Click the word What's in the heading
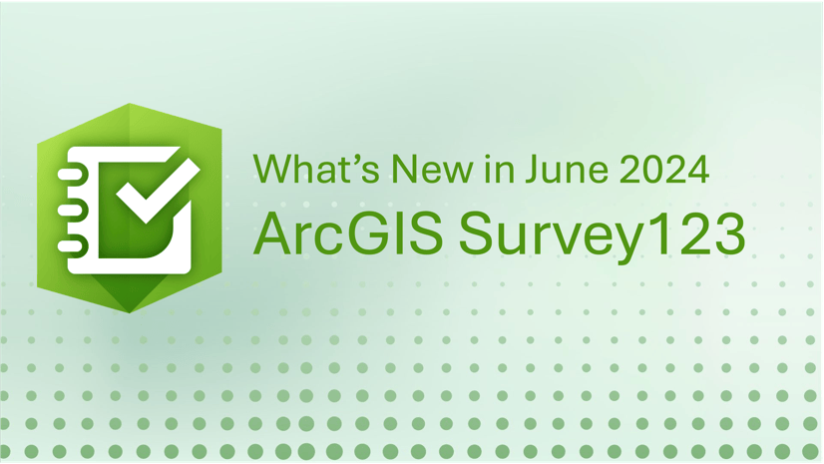pyautogui.click(x=316, y=169)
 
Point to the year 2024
pyautogui.click(x=664, y=169)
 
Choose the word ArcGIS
pyautogui.click(x=348, y=233)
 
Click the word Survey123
pyautogui.click(x=603, y=236)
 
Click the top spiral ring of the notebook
pyautogui.click(x=70, y=175)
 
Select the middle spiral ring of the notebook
pyautogui.click(x=70, y=211)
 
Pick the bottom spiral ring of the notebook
pyautogui.click(x=70, y=245)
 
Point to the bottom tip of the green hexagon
pyautogui.click(x=130, y=313)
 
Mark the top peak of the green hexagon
pyautogui.click(x=130, y=104)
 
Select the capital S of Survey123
pyautogui.click(x=477, y=233)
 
